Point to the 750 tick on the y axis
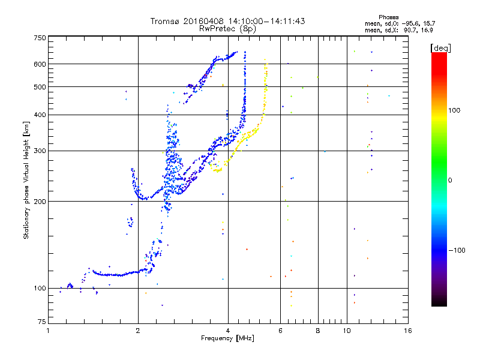[40, 38]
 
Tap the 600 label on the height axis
[40, 64]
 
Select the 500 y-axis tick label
[40, 87]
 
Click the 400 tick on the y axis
[40, 115]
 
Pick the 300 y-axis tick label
[40, 151]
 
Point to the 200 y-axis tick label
[40, 202]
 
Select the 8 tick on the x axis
[318, 331]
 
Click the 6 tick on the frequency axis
[280, 331]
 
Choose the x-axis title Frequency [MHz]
[227, 338]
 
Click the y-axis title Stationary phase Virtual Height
[26, 180]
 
